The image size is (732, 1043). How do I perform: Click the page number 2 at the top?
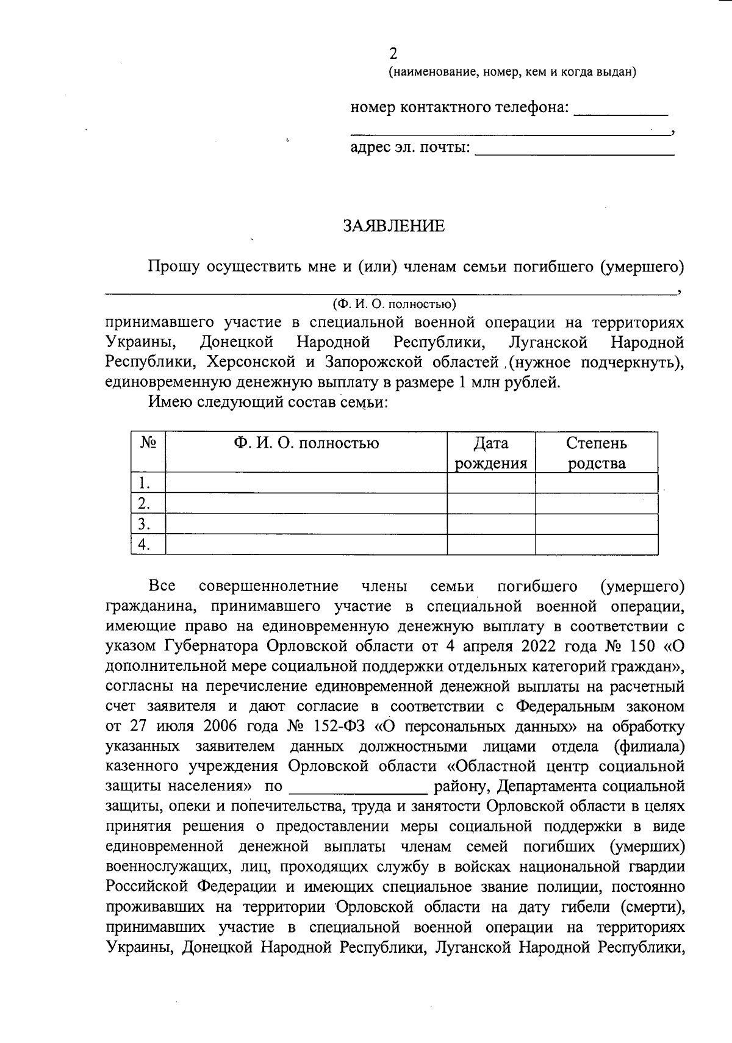pyautogui.click(x=393, y=54)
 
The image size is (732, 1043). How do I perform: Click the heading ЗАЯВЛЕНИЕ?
pyautogui.click(x=393, y=226)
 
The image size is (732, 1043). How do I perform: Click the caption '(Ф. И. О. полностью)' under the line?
pyautogui.click(x=394, y=304)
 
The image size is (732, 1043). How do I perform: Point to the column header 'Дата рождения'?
pyautogui.click(x=491, y=453)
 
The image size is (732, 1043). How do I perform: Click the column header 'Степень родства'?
pyautogui.click(x=596, y=453)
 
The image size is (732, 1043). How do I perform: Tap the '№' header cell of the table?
pyautogui.click(x=148, y=443)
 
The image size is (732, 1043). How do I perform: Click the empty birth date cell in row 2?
pyautogui.click(x=491, y=504)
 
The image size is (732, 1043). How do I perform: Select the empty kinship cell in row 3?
pyautogui.click(x=596, y=524)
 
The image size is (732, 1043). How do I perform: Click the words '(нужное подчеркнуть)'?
pyautogui.click(x=595, y=363)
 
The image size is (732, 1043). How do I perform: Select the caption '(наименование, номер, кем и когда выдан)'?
pyautogui.click(x=512, y=73)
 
